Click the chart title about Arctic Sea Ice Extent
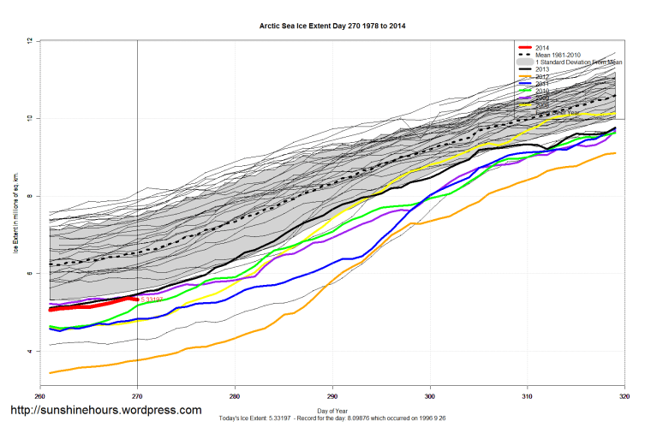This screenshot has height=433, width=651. click(x=332, y=27)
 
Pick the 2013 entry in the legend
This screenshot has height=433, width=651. click(x=542, y=70)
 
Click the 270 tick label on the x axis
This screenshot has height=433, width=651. click(x=137, y=396)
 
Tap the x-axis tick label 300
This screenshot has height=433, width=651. click(x=430, y=396)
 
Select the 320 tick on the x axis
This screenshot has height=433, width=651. click(x=624, y=396)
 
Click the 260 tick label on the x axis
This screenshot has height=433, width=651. click(x=39, y=396)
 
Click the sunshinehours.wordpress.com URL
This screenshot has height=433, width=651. click(x=105, y=411)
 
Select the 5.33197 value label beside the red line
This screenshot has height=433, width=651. click(x=152, y=300)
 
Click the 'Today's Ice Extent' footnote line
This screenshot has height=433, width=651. click(x=332, y=420)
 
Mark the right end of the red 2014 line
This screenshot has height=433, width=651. click(x=137, y=298)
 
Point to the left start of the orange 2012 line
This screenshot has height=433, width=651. click(x=51, y=372)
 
